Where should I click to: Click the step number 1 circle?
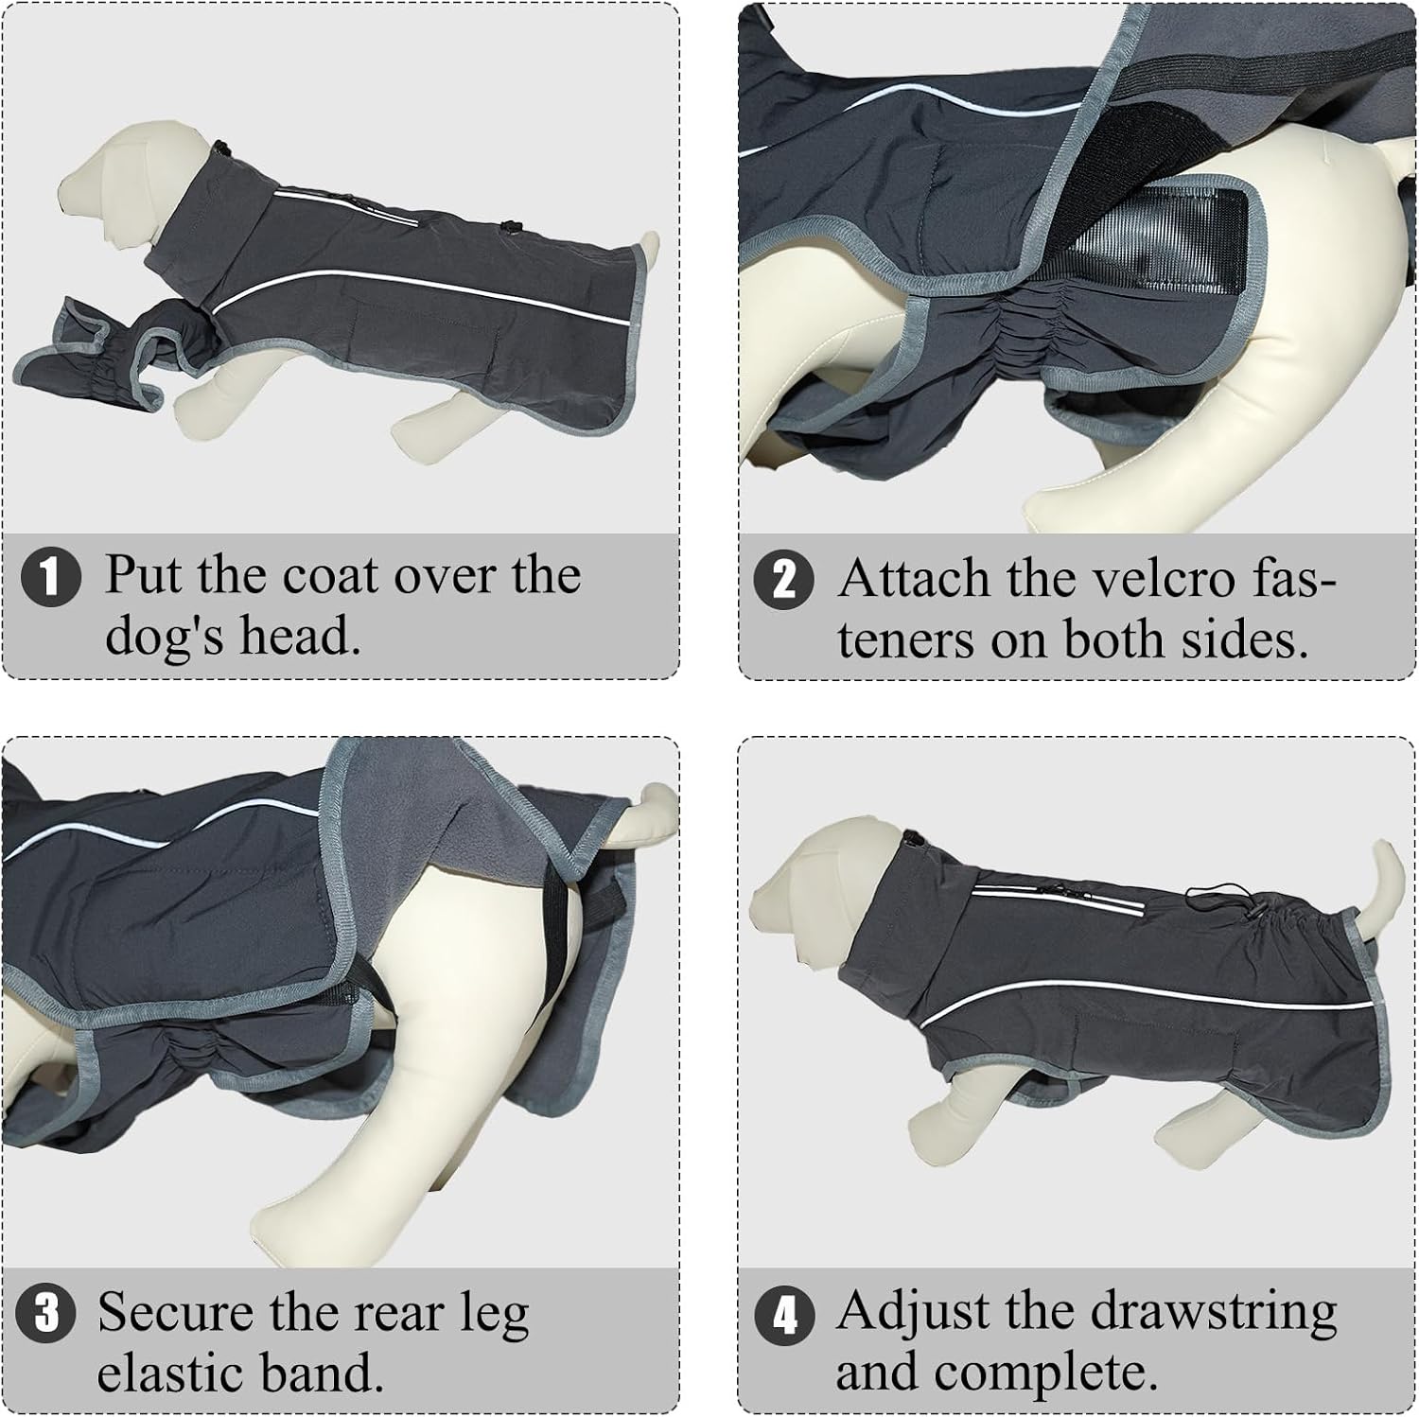point(50,577)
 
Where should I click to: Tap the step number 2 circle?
point(783,580)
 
